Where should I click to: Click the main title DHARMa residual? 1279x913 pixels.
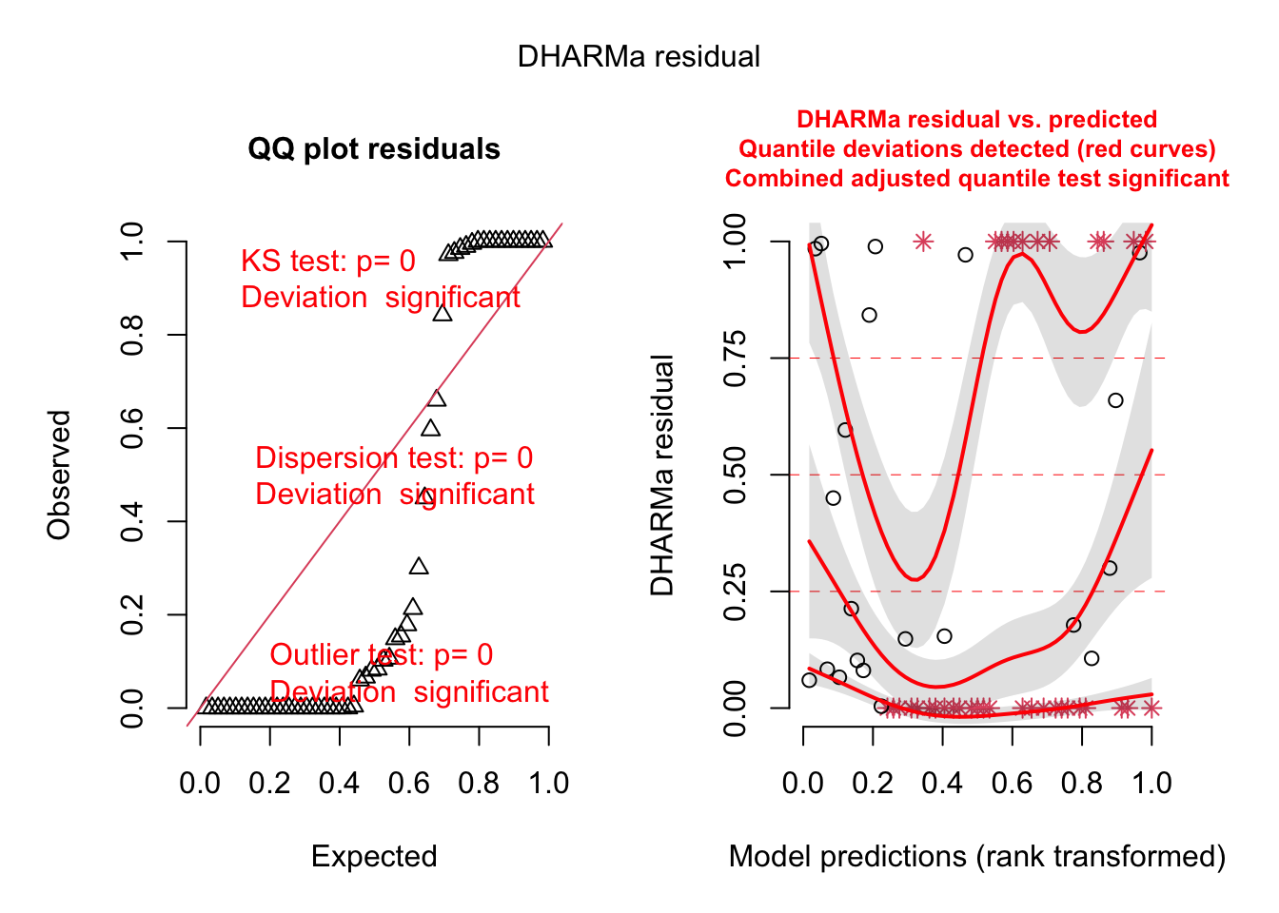pyautogui.click(x=639, y=57)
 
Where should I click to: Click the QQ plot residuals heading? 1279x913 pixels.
pyautogui.click(x=374, y=149)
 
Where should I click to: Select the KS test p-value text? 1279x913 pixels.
pyautogui.click(x=328, y=262)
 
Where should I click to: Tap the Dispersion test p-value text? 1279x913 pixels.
pyautogui.click(x=394, y=458)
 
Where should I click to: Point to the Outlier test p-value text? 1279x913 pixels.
pyautogui.click(x=382, y=655)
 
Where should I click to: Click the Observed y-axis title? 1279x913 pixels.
pyautogui.click(x=60, y=475)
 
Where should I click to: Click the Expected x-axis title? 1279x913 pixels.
pyautogui.click(x=374, y=857)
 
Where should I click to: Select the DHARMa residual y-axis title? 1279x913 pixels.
pyautogui.click(x=662, y=475)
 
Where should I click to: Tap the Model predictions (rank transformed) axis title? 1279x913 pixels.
pyautogui.click(x=977, y=857)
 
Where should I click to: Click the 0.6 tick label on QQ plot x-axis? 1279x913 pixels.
pyautogui.click(x=409, y=784)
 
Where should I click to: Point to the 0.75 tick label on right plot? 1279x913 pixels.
pyautogui.click(x=735, y=359)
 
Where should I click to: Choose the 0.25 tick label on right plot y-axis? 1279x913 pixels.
pyautogui.click(x=735, y=592)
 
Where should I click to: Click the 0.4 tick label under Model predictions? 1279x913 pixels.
pyautogui.click(x=942, y=784)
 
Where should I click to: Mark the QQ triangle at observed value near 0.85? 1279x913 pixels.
pyautogui.click(x=443, y=313)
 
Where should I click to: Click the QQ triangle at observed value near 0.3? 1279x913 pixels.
pyautogui.click(x=419, y=567)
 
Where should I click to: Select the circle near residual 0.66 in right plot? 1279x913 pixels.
pyautogui.click(x=1115, y=400)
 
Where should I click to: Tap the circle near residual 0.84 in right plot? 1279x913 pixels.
pyautogui.click(x=869, y=315)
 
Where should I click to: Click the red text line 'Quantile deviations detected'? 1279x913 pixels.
pyautogui.click(x=977, y=149)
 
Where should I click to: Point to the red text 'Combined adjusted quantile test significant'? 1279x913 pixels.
pyautogui.click(x=977, y=179)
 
